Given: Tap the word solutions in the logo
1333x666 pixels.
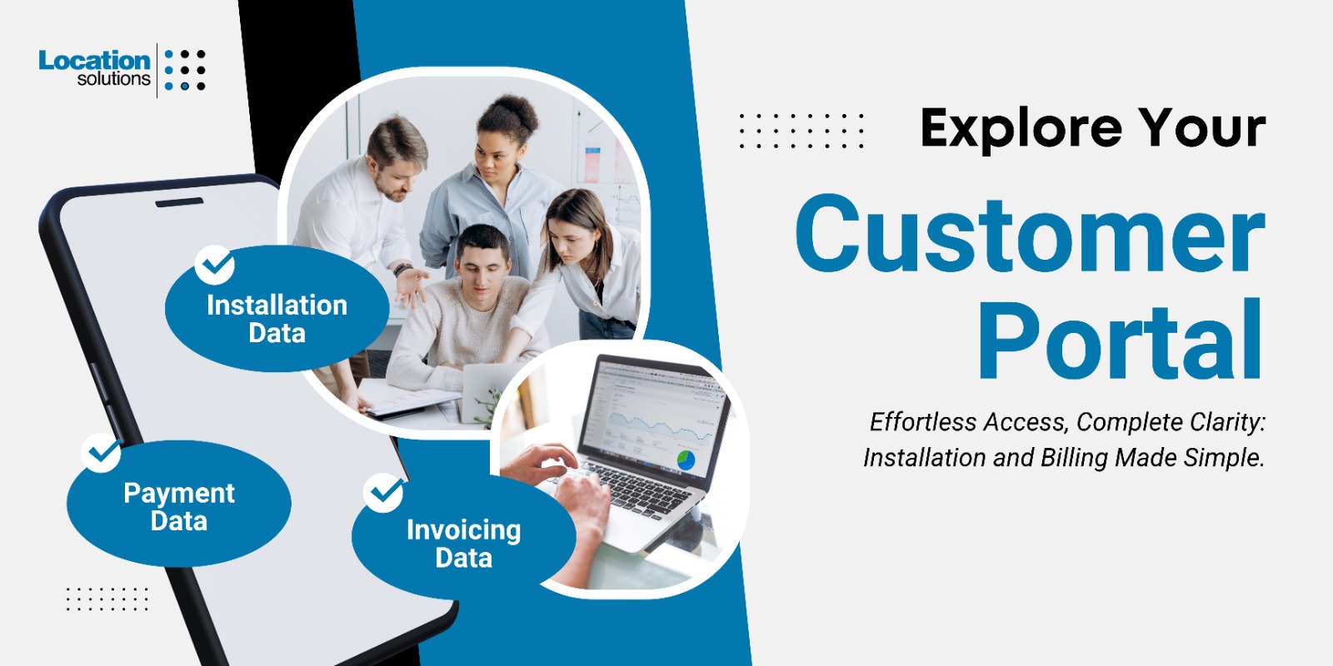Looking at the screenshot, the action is pyautogui.click(x=113, y=79).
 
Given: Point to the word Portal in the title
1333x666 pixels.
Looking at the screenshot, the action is pyautogui.click(x=1120, y=340).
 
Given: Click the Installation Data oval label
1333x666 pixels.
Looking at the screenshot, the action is pyautogui.click(x=277, y=309).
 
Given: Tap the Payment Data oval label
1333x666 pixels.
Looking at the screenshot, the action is pyautogui.click(x=178, y=503).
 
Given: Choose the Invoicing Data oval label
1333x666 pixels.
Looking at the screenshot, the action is pyautogui.click(x=463, y=536).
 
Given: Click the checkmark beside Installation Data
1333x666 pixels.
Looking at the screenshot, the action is pyautogui.click(x=214, y=265).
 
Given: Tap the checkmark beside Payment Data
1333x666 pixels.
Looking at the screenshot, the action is pyautogui.click(x=102, y=453).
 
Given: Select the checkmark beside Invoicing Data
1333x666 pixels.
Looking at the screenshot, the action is pyautogui.click(x=384, y=492).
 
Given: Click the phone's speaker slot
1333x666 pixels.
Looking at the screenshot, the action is pyautogui.click(x=179, y=203).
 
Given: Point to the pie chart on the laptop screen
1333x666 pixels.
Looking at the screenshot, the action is pyautogui.click(x=686, y=460).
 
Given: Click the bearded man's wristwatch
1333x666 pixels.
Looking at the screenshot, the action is pyautogui.click(x=403, y=269).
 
